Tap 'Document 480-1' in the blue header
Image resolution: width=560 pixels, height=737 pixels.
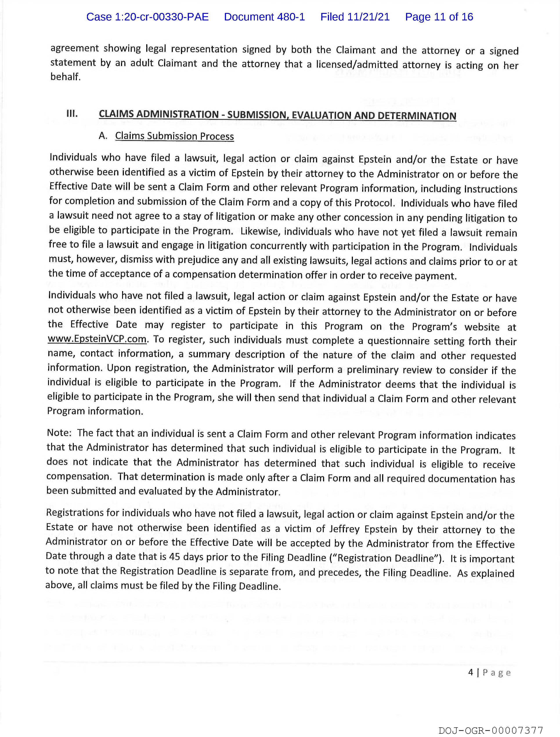tap(264, 17)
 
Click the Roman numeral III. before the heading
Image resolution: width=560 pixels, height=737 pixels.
tap(72, 114)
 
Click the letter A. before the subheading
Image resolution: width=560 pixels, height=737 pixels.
tap(103, 136)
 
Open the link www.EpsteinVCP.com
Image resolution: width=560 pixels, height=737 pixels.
tap(97, 339)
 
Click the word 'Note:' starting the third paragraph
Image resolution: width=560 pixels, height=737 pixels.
tap(59, 432)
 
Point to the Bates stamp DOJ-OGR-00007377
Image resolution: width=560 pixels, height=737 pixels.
tap(491, 731)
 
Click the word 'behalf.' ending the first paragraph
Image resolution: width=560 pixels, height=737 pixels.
tap(65, 77)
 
